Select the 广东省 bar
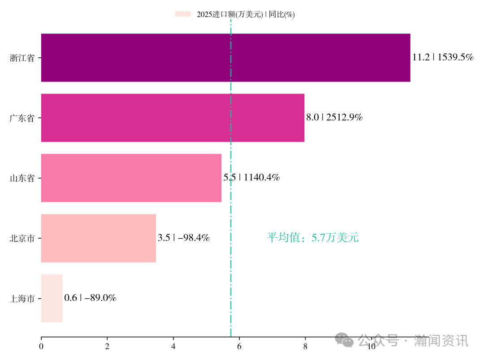(173, 118)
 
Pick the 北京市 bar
(99, 238)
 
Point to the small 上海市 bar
(52, 298)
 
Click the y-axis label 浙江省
(22, 58)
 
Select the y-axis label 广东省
(22, 118)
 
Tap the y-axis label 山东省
(22, 178)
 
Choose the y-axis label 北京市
(22, 238)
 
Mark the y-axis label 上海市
(22, 299)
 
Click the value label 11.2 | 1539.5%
(443, 57)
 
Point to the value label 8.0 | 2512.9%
(334, 117)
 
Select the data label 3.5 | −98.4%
(184, 238)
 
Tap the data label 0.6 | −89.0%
(91, 298)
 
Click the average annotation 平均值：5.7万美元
(313, 238)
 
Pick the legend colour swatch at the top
(183, 14)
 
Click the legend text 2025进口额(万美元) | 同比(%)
(246, 14)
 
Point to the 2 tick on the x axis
(107, 346)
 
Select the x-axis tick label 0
(41, 346)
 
